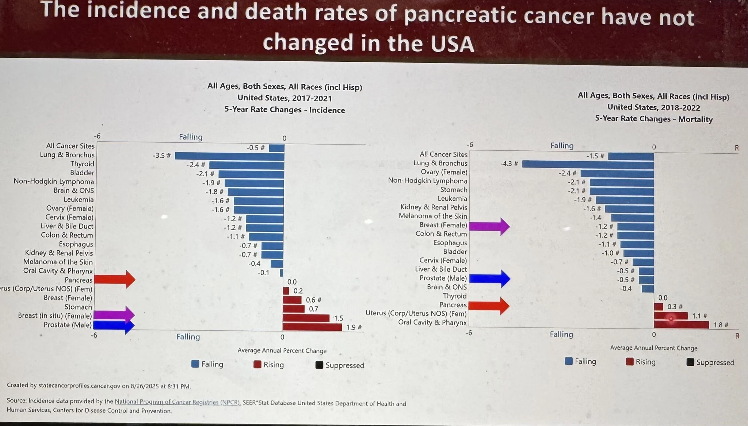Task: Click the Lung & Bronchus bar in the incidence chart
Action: (x=229, y=156)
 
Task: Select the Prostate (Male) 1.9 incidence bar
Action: (x=312, y=327)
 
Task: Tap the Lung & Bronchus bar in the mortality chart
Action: (x=588, y=164)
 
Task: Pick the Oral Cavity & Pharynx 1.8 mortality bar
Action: (x=681, y=325)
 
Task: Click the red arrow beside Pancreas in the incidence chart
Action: (x=115, y=280)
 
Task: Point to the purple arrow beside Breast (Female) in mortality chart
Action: (x=489, y=226)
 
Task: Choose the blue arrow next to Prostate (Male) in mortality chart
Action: (x=489, y=279)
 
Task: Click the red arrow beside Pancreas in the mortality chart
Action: (x=489, y=306)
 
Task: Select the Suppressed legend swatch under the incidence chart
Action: (x=319, y=365)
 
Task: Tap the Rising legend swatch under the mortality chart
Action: (x=629, y=362)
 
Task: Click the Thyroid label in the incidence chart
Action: (x=82, y=164)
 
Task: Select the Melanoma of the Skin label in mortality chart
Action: (x=433, y=216)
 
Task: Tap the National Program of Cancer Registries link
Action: (x=178, y=402)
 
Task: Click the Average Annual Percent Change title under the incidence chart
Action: (x=282, y=351)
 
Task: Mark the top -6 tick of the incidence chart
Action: (x=97, y=136)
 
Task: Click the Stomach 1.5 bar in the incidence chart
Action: (x=306, y=318)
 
